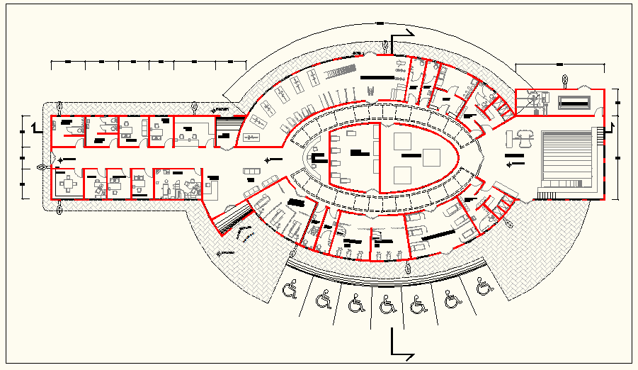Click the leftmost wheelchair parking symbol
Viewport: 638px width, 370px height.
pos(290,290)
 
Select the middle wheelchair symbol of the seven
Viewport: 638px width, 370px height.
pos(388,305)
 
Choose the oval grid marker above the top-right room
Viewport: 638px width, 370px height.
pos(564,79)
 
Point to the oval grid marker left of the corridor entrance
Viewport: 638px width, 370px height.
pos(42,168)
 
